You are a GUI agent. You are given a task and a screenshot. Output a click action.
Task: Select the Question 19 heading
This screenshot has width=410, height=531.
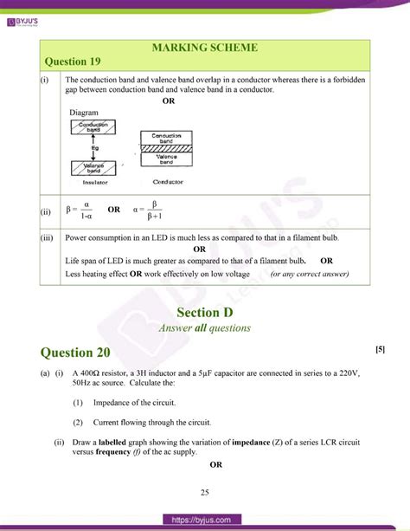coord(79,62)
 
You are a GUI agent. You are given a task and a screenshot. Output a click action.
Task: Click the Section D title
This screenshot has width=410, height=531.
coord(205,312)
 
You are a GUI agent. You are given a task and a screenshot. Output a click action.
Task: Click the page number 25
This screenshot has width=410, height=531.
coord(205,494)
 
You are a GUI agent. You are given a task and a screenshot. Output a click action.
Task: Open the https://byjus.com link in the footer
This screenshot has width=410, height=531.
coord(205,519)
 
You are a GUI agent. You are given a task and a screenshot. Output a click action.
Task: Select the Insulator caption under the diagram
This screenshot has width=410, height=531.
coord(95,183)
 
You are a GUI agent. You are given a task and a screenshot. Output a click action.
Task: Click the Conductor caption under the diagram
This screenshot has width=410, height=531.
coord(168,182)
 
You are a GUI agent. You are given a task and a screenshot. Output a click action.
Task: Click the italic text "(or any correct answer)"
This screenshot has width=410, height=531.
coord(310,275)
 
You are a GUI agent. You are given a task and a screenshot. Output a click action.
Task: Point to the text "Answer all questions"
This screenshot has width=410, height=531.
coord(205,328)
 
